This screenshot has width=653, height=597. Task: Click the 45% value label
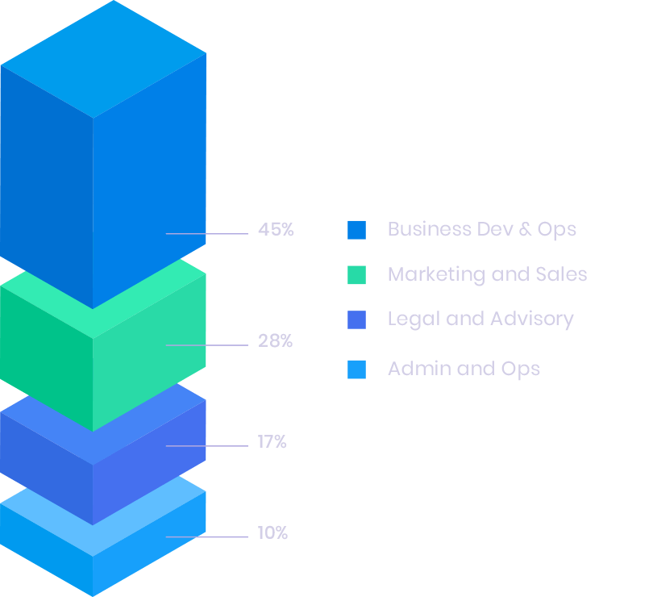click(x=276, y=230)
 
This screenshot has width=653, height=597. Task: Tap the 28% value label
click(x=275, y=341)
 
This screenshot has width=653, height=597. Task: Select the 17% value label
click(x=272, y=442)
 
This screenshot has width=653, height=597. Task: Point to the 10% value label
click(x=272, y=533)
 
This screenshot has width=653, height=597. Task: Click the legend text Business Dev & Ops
click(x=481, y=229)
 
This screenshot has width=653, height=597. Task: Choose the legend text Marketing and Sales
click(x=487, y=274)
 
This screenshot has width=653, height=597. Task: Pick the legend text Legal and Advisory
click(x=480, y=319)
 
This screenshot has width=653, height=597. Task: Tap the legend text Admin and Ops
click(x=464, y=369)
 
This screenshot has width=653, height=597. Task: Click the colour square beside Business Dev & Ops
click(x=356, y=230)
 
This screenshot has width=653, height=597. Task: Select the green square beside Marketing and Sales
click(x=356, y=275)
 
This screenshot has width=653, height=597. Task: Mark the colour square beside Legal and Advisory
click(x=356, y=319)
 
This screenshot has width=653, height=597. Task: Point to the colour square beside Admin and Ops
click(x=356, y=369)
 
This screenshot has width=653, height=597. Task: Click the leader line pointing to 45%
click(x=207, y=234)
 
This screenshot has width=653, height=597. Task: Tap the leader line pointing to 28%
click(x=207, y=345)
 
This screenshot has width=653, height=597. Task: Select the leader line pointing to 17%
click(x=207, y=446)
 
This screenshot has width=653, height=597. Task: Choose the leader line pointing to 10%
click(x=207, y=536)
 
